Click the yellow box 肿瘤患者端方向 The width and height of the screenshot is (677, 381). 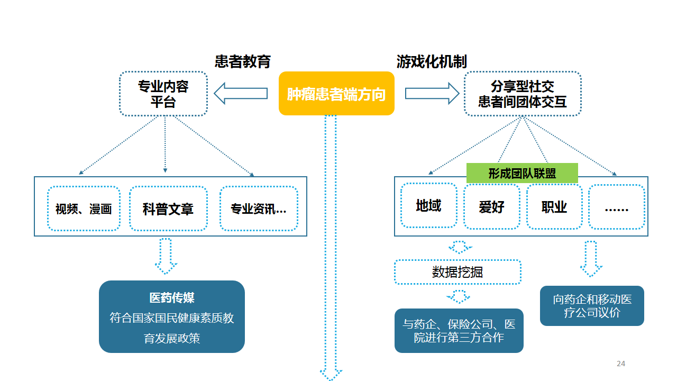click(336, 94)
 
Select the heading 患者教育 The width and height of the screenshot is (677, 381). click(243, 62)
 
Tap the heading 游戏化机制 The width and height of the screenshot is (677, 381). click(432, 62)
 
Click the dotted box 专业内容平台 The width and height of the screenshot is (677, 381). click(163, 94)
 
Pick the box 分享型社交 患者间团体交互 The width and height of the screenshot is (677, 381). click(523, 94)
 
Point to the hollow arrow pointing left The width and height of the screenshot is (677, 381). click(241, 94)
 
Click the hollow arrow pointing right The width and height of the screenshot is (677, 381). click(432, 94)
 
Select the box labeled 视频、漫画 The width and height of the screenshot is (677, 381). click(84, 208)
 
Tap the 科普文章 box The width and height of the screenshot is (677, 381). click(168, 208)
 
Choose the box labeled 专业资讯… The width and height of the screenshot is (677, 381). click(259, 208)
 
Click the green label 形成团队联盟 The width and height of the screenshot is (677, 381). click(522, 173)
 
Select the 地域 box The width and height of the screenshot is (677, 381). click(429, 206)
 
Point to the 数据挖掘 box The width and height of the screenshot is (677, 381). click(458, 272)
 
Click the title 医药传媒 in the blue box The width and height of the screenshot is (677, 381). click(172, 298)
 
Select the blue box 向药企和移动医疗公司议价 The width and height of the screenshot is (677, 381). click(592, 306)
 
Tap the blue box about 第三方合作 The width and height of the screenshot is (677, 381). click(459, 331)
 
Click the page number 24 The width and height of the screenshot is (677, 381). click(621, 364)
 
